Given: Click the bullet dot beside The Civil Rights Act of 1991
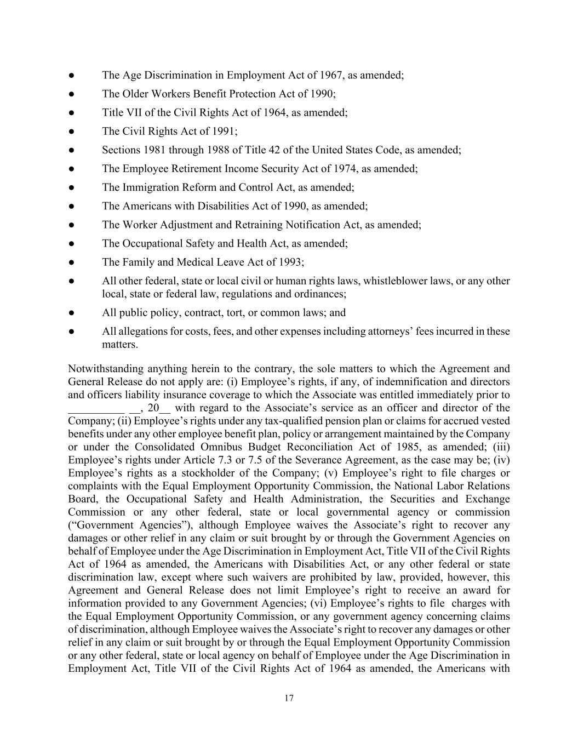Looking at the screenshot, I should (72, 132).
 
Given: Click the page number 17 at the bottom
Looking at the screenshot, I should (289, 698).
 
